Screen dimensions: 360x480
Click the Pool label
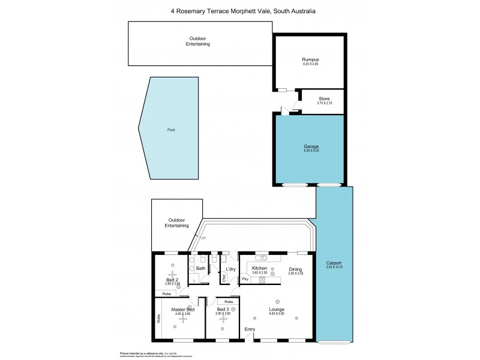tap(170, 130)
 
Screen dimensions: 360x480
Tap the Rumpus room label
tap(310, 59)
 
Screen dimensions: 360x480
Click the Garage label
tap(310, 146)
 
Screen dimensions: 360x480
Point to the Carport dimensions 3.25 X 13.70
tap(334, 269)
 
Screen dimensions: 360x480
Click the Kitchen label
tap(259, 268)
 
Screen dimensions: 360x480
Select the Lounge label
tap(277, 310)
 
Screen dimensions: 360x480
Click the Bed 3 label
tap(223, 309)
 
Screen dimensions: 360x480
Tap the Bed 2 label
tap(172, 279)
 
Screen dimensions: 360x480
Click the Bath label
tap(200, 268)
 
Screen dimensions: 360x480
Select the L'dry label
tap(230, 268)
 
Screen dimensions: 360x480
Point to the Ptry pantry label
tap(245, 279)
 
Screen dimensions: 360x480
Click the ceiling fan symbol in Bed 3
tap(223, 320)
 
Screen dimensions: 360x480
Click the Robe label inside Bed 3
tap(229, 302)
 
